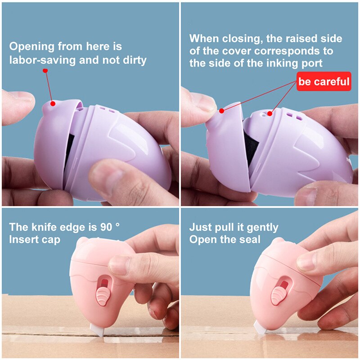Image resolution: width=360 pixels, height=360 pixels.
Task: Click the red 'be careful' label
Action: tap(324, 81)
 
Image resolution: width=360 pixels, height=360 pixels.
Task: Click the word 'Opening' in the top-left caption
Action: tap(31, 47)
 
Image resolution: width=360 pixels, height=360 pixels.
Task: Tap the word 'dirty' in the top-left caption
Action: tap(135, 60)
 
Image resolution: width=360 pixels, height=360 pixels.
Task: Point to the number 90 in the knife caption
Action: tap(106, 227)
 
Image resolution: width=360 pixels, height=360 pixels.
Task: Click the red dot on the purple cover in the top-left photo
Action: tap(53, 103)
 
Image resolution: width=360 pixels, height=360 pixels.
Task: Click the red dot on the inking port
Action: tap(270, 113)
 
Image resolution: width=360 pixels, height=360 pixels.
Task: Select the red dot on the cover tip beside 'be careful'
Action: tap(221, 111)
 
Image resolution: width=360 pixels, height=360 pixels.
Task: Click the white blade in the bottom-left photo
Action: tap(97, 330)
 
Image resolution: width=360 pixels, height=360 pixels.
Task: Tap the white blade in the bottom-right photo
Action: tap(260, 327)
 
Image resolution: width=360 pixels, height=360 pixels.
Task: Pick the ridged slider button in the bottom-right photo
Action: tap(277, 296)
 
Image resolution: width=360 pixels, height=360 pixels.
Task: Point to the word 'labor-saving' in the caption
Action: tap(42, 61)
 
